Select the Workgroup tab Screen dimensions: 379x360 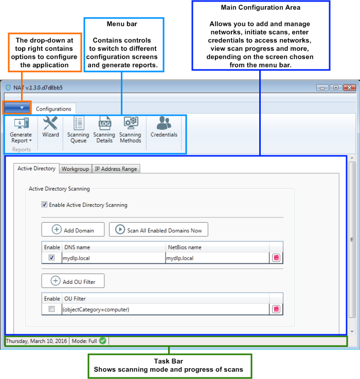75,169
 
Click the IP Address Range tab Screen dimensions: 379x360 115,169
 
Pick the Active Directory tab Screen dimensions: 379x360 36,168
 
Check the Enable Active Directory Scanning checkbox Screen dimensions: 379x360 44,205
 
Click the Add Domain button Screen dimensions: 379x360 73,230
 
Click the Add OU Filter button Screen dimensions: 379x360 73,281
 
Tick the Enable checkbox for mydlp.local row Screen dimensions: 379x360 51,258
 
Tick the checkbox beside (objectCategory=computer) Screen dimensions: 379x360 51,309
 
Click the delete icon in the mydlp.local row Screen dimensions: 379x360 276,258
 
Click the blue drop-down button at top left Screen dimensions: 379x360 17,108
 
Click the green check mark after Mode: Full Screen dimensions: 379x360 103,341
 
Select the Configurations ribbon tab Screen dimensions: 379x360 53,109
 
